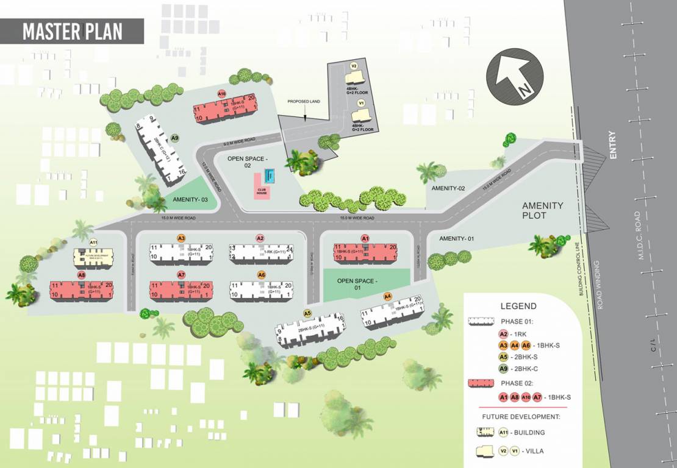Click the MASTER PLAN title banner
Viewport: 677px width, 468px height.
72,31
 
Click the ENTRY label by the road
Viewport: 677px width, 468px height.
612,146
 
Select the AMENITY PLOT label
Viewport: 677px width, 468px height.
542,210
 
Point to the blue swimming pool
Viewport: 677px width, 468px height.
270,177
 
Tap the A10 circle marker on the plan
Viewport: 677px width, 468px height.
222,94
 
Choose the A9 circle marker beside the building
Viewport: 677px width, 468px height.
175,138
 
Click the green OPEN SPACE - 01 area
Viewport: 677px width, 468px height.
357,285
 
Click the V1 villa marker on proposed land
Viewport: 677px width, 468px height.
360,104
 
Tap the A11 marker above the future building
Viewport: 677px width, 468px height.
93,243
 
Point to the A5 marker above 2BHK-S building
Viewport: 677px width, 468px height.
307,313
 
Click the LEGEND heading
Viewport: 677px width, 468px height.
518,306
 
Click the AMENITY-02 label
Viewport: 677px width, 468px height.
448,188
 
